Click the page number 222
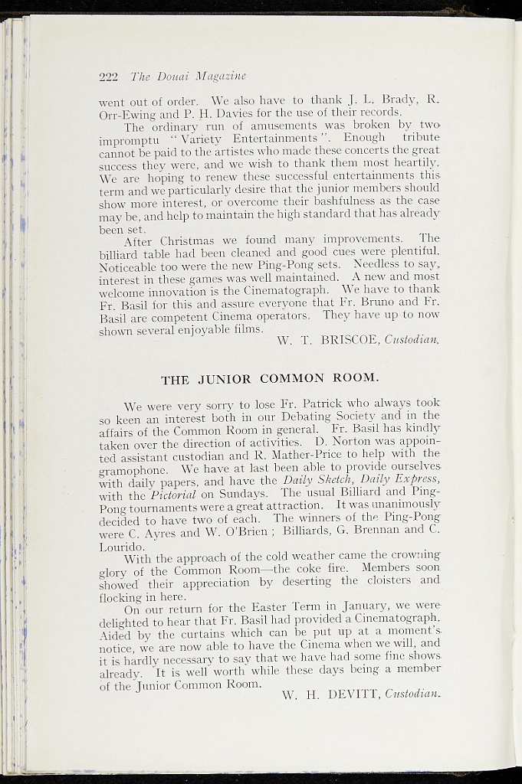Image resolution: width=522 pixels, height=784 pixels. pos(107,76)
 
